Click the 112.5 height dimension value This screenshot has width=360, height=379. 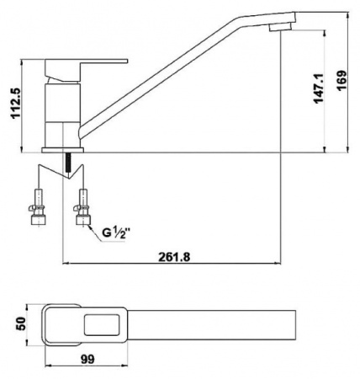point(16,104)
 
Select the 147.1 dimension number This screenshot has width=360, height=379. point(319,88)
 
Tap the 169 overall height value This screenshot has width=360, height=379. point(341,81)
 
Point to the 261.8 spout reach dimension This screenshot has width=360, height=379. point(174,257)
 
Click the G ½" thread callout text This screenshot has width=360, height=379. point(116,233)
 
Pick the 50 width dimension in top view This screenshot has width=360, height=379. point(21,323)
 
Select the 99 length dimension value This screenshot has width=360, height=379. point(87,359)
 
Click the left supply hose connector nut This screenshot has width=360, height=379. point(37,220)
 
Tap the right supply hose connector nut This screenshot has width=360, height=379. point(83,220)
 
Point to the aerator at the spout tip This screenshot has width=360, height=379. point(280,27)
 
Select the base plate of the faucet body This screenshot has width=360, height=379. point(62,150)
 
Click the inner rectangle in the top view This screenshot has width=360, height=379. point(102,325)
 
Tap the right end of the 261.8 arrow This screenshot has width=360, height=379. point(280,264)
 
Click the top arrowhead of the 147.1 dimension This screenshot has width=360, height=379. point(325,32)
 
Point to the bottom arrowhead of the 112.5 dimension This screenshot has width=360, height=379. point(22,150)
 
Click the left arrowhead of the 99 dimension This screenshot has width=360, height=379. point(45,366)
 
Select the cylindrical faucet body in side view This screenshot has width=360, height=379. point(62,115)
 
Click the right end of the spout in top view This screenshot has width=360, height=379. point(296,325)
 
